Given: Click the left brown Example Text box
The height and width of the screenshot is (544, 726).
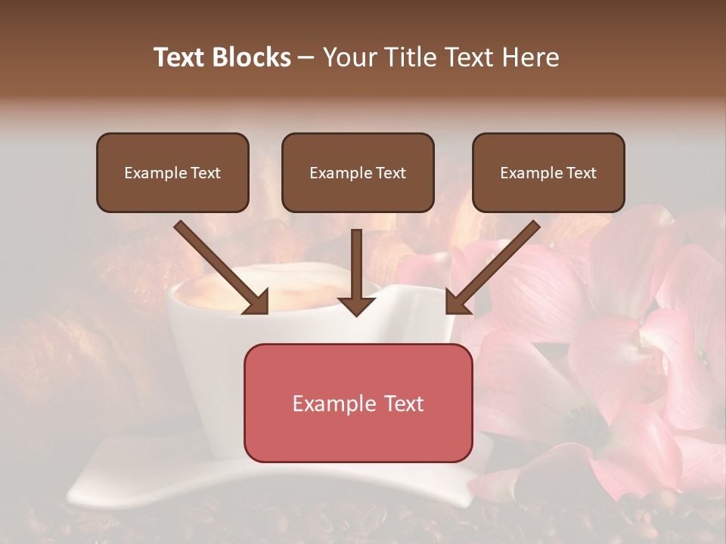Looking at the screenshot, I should (x=172, y=172).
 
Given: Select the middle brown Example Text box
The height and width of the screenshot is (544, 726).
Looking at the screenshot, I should (x=358, y=172).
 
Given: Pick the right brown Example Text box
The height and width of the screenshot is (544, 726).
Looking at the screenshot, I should (x=548, y=172).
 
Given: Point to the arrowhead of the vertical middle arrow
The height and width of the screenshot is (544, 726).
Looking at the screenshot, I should (x=357, y=305).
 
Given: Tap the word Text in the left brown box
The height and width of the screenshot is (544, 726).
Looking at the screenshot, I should (x=206, y=173).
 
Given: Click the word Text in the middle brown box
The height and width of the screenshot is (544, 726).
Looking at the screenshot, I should (x=391, y=173).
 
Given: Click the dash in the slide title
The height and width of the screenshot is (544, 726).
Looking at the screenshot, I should (x=306, y=58).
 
